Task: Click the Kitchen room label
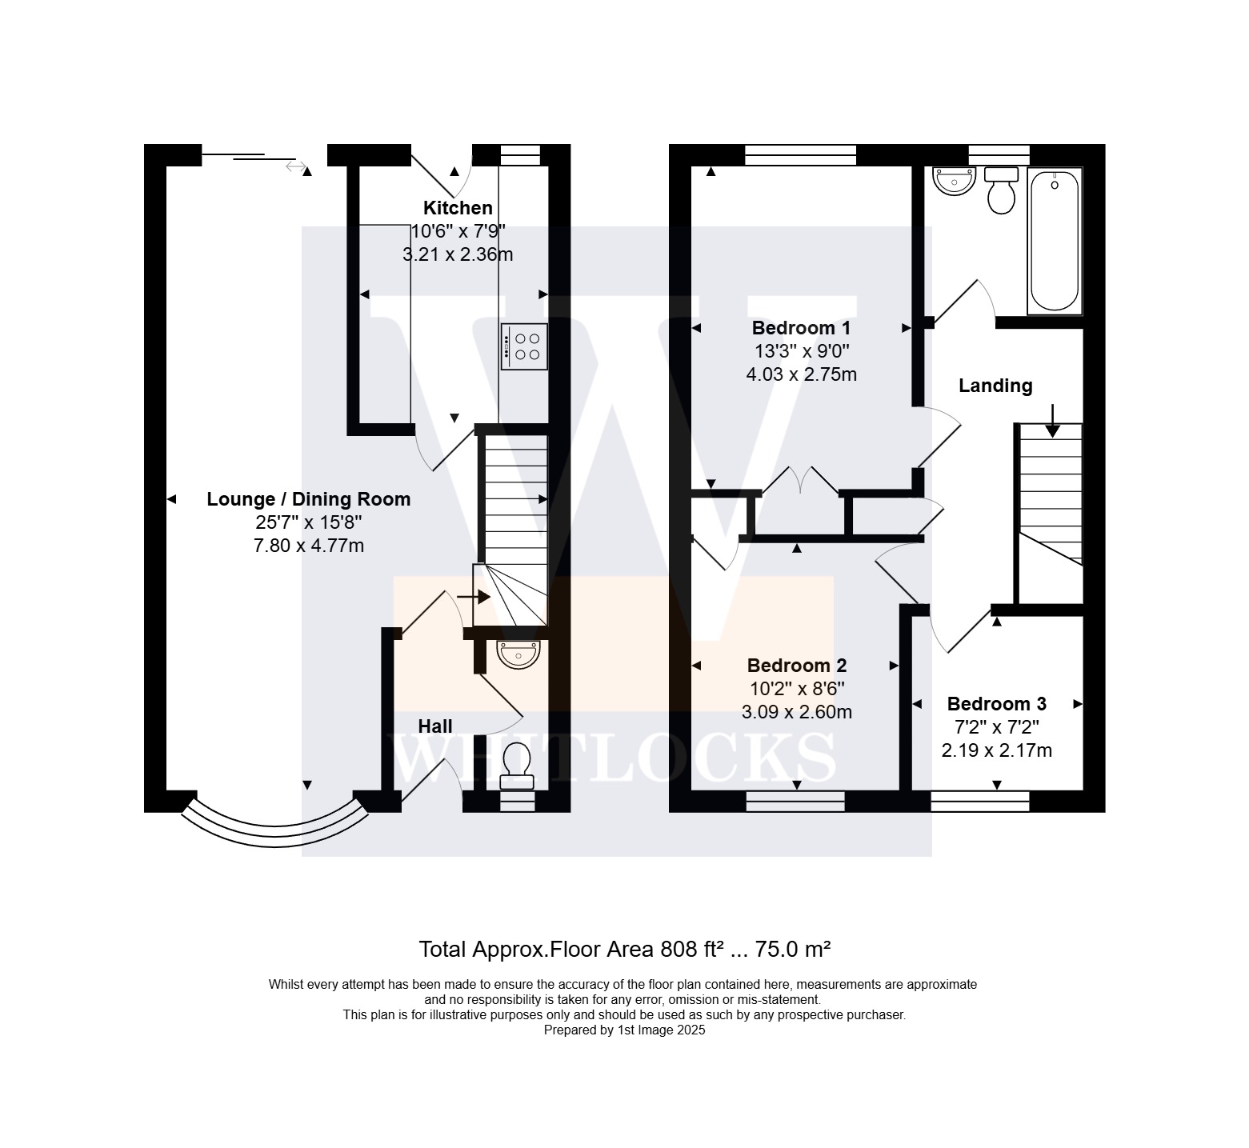point(458,208)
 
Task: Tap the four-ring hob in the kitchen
point(525,346)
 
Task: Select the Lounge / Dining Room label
point(309,499)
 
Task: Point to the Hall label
point(435,726)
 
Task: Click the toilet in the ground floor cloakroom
point(517,766)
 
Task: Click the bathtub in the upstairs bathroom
point(1055,241)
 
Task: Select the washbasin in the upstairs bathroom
point(954,181)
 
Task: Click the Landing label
point(995,386)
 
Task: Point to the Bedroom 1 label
point(801,328)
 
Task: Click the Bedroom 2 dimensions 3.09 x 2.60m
point(797,712)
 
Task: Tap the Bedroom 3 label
point(997,704)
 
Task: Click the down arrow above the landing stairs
point(1052,421)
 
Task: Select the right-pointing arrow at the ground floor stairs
point(474,597)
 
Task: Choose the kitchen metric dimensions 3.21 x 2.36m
point(458,255)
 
